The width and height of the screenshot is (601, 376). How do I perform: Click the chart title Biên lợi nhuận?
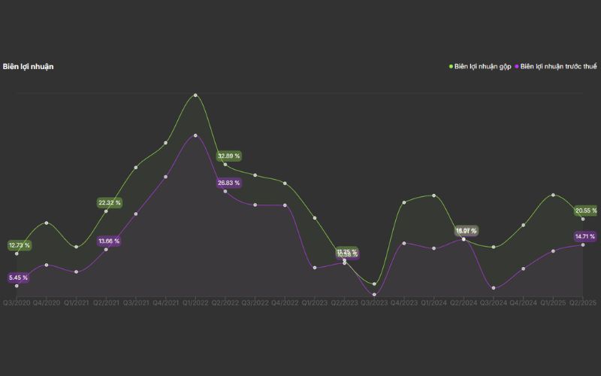(x=28, y=66)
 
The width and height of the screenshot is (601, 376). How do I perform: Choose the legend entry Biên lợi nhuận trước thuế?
(x=558, y=66)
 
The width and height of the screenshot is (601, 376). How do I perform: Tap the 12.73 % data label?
(x=20, y=245)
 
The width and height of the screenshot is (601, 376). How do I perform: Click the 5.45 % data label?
(x=18, y=277)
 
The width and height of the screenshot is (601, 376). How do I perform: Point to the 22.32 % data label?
(x=109, y=202)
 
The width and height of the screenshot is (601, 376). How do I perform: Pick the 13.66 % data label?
(x=109, y=241)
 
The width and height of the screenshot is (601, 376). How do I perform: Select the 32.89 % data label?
(x=229, y=156)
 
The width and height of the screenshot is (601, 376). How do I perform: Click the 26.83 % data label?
(x=229, y=183)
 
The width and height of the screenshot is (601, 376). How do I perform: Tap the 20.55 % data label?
(x=586, y=211)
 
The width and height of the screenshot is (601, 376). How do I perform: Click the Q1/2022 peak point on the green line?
(x=195, y=96)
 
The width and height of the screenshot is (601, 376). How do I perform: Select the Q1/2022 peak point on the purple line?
(x=195, y=135)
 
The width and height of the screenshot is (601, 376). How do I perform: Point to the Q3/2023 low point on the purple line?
(x=373, y=294)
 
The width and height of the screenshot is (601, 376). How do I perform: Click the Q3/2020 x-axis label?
(x=17, y=303)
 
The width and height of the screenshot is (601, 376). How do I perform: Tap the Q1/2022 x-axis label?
(x=195, y=303)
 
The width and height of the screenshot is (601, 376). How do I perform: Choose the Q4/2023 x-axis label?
(x=403, y=303)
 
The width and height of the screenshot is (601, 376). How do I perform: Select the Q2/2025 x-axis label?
(x=583, y=303)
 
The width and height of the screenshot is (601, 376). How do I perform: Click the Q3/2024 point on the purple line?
(x=494, y=287)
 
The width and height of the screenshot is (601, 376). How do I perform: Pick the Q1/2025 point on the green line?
(x=553, y=195)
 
